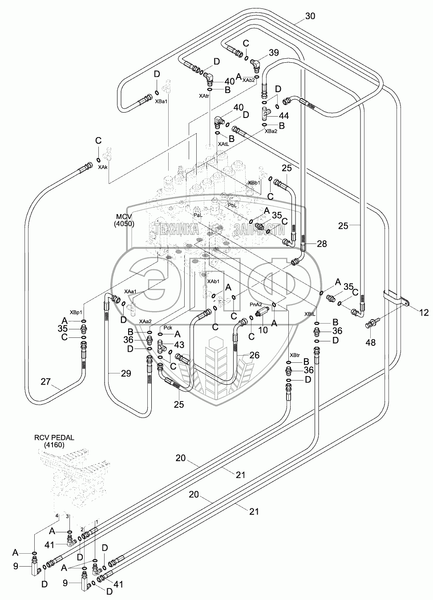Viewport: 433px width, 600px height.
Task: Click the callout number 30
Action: point(310,16)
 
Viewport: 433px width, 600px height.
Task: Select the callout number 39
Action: point(273,53)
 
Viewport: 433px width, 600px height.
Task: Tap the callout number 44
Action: point(284,115)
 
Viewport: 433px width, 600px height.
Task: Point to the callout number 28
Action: point(322,243)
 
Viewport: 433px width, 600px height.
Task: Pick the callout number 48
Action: point(370,342)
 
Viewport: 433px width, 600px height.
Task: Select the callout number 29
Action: point(126,373)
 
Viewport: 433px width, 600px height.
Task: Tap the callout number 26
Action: point(254,355)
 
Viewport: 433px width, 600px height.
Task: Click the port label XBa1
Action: point(161,102)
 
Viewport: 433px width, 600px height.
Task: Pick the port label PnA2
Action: point(255,304)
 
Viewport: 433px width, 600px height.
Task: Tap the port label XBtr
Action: point(295,355)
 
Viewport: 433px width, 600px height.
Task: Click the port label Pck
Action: point(168,327)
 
